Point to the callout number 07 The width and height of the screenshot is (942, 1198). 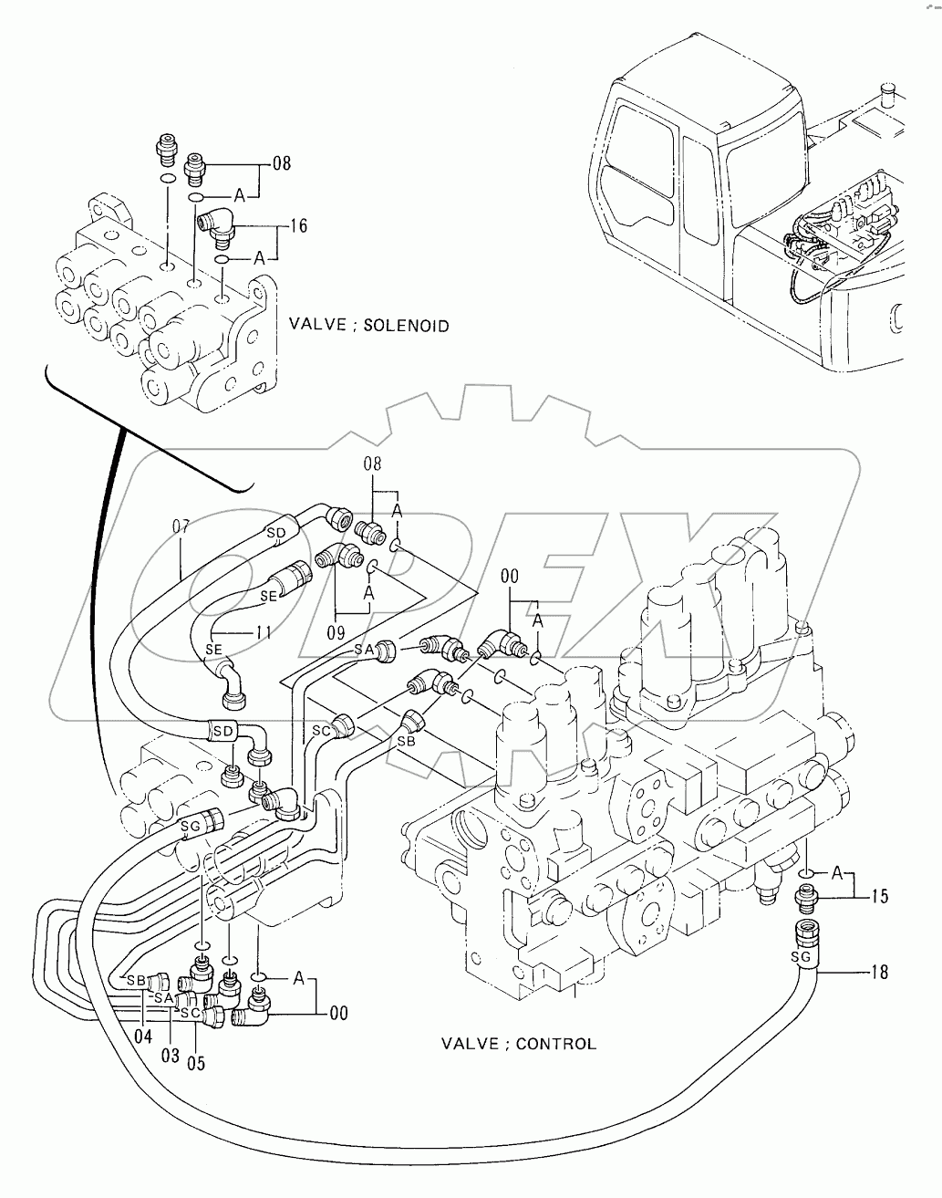[181, 527]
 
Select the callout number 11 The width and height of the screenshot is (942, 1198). [263, 630]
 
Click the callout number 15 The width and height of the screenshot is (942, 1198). [879, 897]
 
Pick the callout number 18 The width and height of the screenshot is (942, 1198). [879, 973]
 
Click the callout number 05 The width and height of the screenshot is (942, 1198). [195, 1062]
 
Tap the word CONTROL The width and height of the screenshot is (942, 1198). [555, 1044]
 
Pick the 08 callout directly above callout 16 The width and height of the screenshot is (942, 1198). [282, 164]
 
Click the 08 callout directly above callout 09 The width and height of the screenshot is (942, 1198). [372, 464]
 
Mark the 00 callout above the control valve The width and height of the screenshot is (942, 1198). [511, 577]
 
